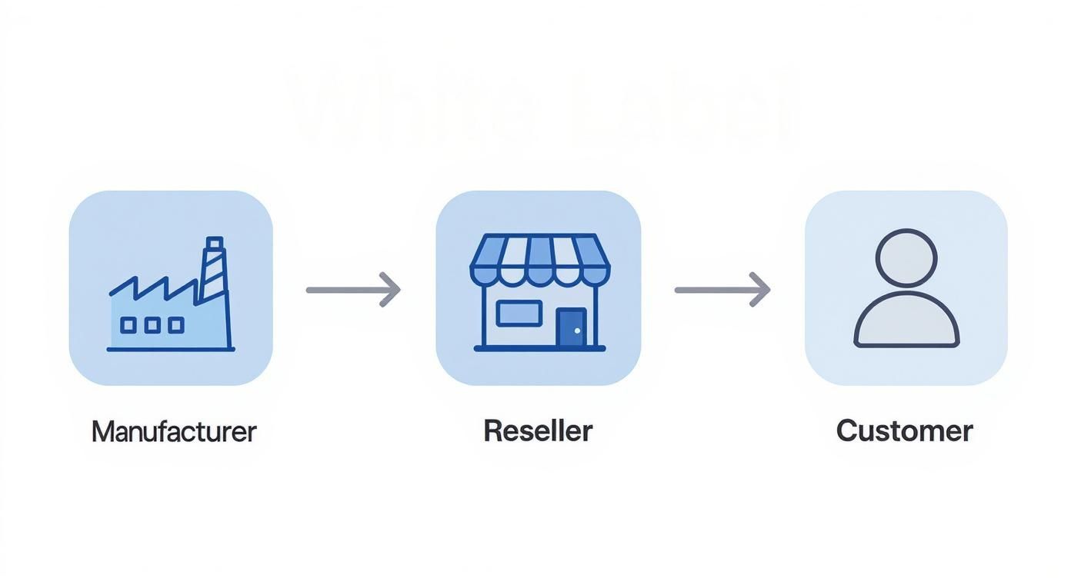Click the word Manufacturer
(173, 431)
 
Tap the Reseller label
(538, 430)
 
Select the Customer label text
(904, 430)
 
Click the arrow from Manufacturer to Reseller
(352, 290)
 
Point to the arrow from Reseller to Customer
(722, 290)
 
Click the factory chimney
(213, 269)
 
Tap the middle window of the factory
(152, 325)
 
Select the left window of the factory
(128, 325)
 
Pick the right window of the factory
(176, 325)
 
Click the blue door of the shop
(571, 327)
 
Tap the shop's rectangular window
(519, 314)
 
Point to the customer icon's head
(906, 257)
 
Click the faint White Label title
(542, 108)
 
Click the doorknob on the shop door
(578, 331)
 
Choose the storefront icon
(539, 292)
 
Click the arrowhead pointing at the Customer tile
(762, 290)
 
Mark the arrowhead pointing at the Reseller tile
(392, 290)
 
